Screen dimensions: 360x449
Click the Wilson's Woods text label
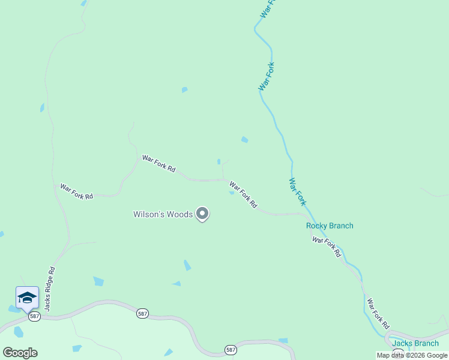[x=163, y=214]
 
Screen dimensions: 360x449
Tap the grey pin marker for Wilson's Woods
[x=203, y=214]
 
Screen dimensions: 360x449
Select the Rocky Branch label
[x=330, y=226]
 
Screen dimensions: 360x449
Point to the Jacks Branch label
[x=415, y=343]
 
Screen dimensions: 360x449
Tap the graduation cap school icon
[x=27, y=298]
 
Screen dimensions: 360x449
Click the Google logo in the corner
[x=20, y=353]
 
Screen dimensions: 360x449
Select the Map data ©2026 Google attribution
[x=412, y=355]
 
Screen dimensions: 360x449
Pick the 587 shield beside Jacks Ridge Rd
[x=34, y=316]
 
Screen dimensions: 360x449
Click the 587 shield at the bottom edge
[x=231, y=349]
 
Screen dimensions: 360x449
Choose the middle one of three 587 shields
[x=142, y=314]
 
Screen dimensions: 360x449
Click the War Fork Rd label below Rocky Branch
[x=327, y=247]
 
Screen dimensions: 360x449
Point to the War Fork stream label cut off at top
[x=268, y=8]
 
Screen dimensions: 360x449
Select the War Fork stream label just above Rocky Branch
[x=297, y=191]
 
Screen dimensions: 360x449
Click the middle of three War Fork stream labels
[x=267, y=77]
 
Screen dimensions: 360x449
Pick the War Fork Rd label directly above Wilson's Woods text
[x=158, y=164]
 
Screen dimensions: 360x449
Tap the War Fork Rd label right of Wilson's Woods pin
[x=243, y=196]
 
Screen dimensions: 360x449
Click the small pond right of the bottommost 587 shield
[x=283, y=341]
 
